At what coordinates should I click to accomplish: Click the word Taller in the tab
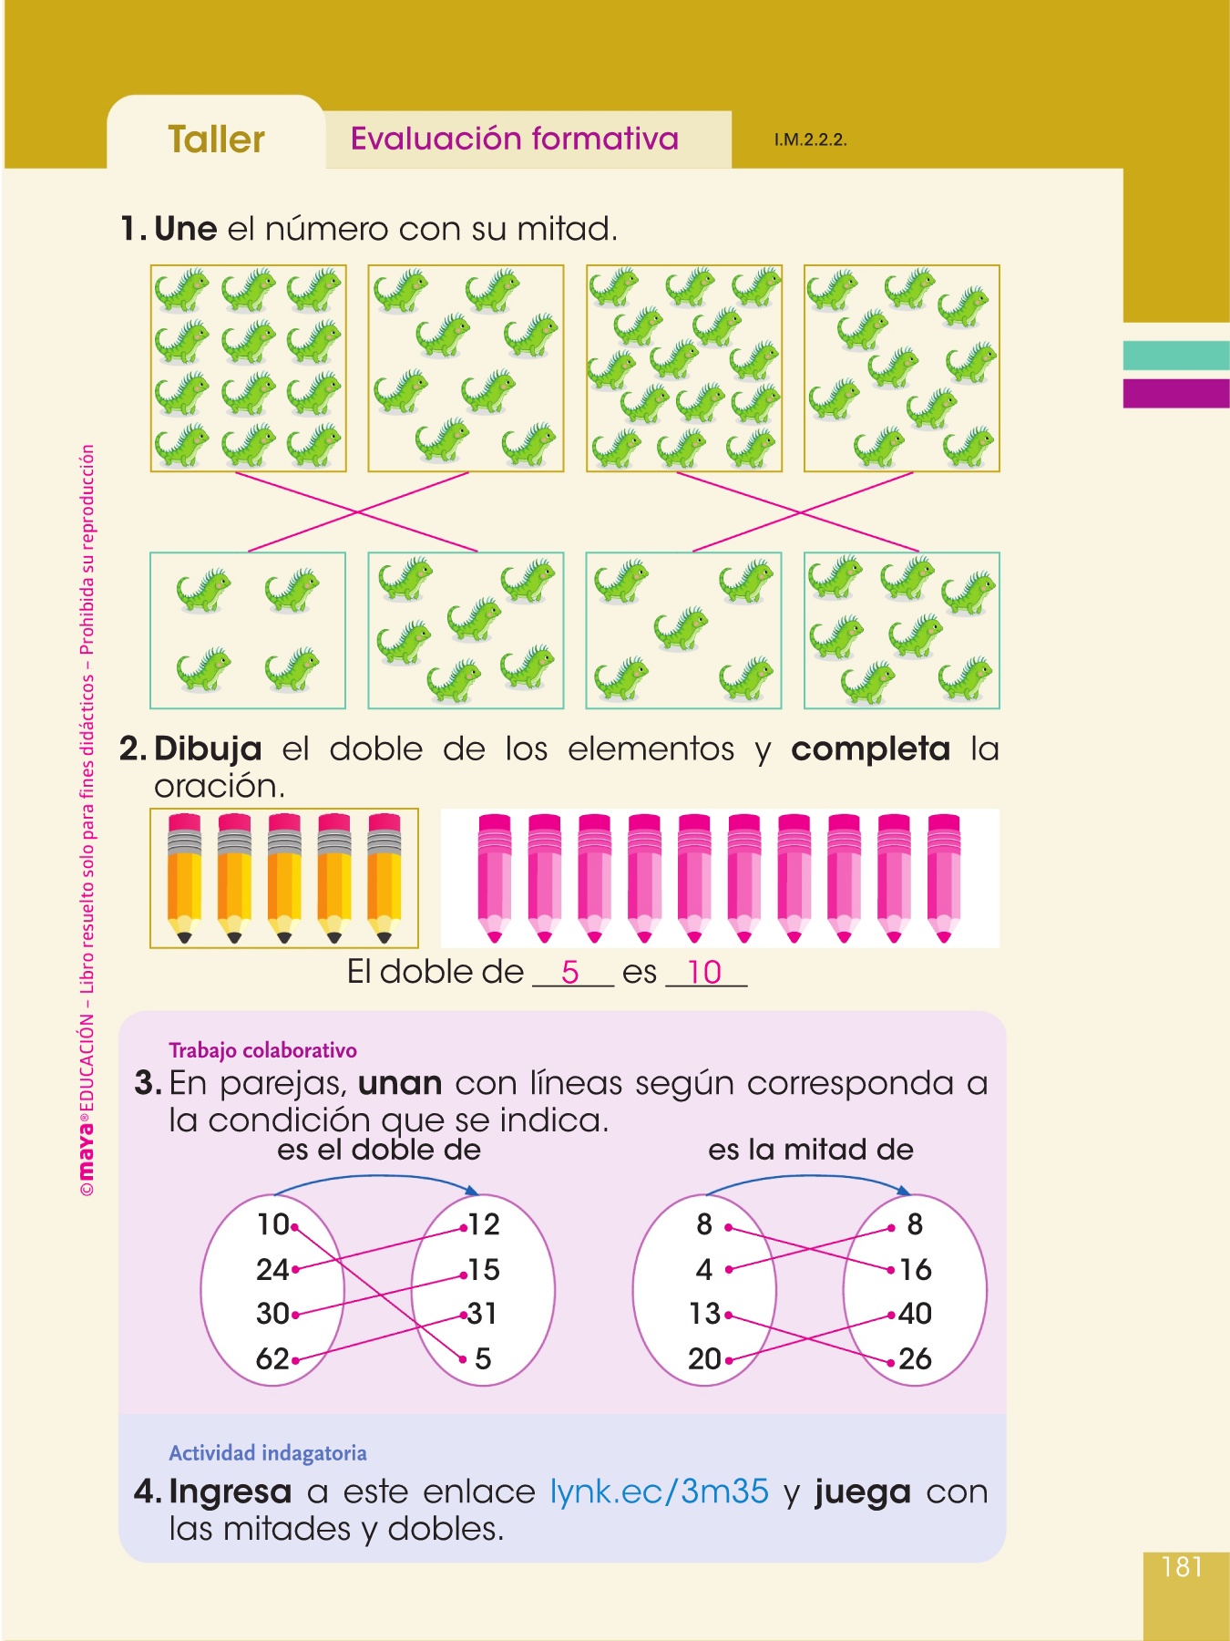pyautogui.click(x=216, y=139)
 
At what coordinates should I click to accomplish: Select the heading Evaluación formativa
pyautogui.click(x=515, y=139)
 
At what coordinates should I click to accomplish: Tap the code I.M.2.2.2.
pyautogui.click(x=810, y=140)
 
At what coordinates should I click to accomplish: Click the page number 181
pyautogui.click(x=1182, y=1566)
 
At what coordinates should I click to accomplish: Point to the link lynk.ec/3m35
pyautogui.click(x=660, y=1491)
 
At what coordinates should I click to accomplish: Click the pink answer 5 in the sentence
pyautogui.click(x=570, y=972)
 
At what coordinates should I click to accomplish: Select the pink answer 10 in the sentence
pyautogui.click(x=704, y=972)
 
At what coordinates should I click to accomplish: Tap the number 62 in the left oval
pyautogui.click(x=272, y=1359)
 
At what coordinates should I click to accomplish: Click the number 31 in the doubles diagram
pyautogui.click(x=483, y=1314)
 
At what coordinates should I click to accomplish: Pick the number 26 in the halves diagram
pyautogui.click(x=915, y=1359)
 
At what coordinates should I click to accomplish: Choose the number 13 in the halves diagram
pyautogui.click(x=704, y=1314)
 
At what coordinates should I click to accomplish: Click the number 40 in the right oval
pyautogui.click(x=915, y=1314)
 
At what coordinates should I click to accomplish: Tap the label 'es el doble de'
pyautogui.click(x=379, y=1150)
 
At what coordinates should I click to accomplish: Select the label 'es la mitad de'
pyautogui.click(x=810, y=1150)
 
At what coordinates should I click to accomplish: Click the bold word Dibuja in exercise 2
pyautogui.click(x=209, y=748)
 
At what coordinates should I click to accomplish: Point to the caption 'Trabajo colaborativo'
pyautogui.click(x=262, y=1050)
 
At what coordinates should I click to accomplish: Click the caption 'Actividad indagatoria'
pyautogui.click(x=268, y=1453)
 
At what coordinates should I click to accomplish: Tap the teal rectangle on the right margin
pyautogui.click(x=1175, y=356)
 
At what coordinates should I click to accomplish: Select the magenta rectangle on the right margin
pyautogui.click(x=1175, y=393)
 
